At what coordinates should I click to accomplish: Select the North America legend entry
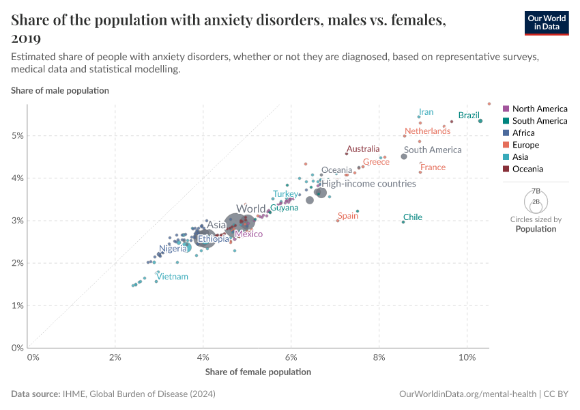click(539, 109)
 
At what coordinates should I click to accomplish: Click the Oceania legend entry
click(528, 169)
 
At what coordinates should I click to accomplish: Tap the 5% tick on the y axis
click(18, 135)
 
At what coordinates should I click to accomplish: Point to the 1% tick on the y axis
click(18, 305)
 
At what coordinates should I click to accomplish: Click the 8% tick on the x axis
click(379, 357)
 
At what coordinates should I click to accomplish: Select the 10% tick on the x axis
click(467, 357)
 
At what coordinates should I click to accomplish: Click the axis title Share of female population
click(258, 372)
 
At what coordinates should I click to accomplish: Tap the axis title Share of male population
click(60, 90)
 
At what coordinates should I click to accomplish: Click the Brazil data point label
click(469, 115)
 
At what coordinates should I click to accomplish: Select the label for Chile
click(413, 217)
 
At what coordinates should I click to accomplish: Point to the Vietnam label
click(172, 277)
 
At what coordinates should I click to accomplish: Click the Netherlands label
click(427, 131)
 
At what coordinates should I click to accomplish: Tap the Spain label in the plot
click(348, 216)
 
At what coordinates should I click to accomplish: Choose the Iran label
click(426, 112)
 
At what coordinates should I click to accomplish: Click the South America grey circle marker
click(404, 156)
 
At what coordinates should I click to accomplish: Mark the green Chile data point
click(403, 221)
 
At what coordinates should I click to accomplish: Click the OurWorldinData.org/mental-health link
click(467, 394)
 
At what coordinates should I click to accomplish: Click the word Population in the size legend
click(536, 229)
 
